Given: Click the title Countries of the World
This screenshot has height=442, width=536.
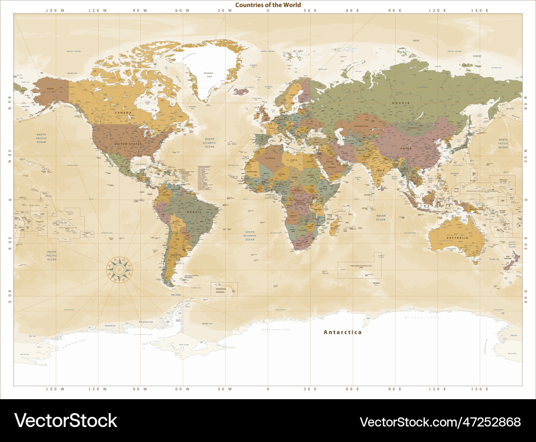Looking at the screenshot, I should (x=268, y=5).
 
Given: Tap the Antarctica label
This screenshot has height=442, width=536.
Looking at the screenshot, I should (x=343, y=332).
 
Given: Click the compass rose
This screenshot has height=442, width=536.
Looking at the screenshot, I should (x=119, y=269).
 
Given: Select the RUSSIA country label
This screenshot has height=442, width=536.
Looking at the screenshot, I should (x=400, y=103).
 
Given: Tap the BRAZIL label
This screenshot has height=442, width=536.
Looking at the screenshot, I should (x=193, y=212).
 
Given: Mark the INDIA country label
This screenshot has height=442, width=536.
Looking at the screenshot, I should (x=381, y=171).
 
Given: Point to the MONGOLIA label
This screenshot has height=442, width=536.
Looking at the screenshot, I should (x=413, y=128).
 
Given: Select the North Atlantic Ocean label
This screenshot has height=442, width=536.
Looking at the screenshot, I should (x=210, y=143).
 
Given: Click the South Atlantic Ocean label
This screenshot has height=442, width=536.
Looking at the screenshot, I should (x=250, y=237).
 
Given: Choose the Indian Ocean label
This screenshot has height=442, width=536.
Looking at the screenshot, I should (x=381, y=217).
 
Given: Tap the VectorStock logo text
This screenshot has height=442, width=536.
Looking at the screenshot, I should (x=65, y=421).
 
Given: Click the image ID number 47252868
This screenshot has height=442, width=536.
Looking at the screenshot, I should (x=440, y=422).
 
